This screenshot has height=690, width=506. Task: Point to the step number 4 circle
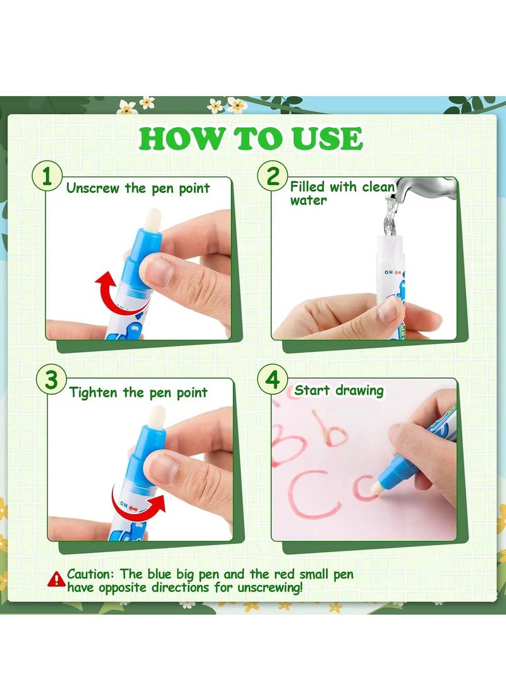coord(273,380)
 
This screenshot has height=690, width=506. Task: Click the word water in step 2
coord(308,200)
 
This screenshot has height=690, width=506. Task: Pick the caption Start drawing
coord(339,390)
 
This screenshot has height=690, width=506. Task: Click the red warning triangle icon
coord(57,578)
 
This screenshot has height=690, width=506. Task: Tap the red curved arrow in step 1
coord(116,295)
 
